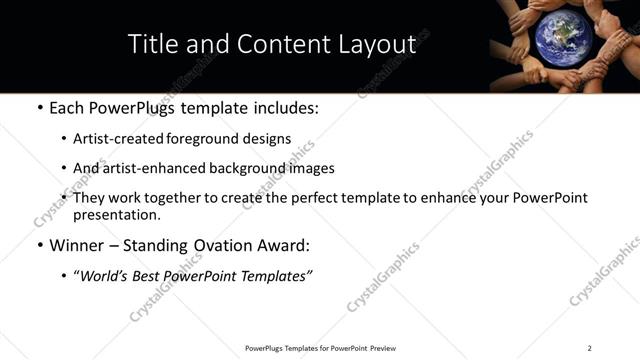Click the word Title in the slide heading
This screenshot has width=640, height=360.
pyautogui.click(x=153, y=44)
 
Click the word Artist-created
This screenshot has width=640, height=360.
pyautogui.click(x=113, y=139)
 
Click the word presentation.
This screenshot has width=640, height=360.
pyautogui.click(x=114, y=214)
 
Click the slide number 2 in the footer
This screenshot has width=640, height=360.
pyautogui.click(x=589, y=348)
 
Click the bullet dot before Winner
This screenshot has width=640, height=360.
pyautogui.click(x=38, y=245)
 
